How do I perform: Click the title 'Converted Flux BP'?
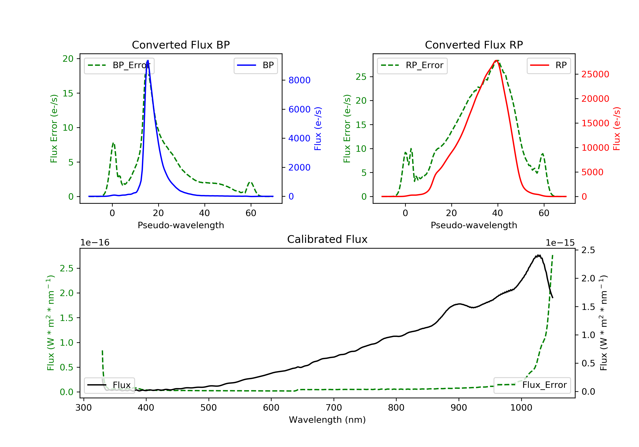[181, 45]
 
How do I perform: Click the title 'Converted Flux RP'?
[474, 45]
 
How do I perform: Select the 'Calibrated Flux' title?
[327, 239]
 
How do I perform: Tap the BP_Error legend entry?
[119, 65]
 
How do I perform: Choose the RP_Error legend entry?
[412, 65]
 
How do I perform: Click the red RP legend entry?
[548, 65]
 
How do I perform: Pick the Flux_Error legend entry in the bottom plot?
[532, 385]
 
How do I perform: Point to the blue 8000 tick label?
[299, 80]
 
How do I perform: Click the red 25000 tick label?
[595, 74]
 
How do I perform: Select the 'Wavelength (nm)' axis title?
[327, 420]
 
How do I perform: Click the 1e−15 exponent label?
[560, 243]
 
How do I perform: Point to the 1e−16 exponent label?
[95, 243]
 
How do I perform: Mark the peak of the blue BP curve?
[148, 60]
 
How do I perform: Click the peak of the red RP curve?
[496, 60]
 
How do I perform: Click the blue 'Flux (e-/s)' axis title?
[318, 129]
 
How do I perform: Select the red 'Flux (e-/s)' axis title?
[617, 129]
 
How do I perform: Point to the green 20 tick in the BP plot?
[68, 59]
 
